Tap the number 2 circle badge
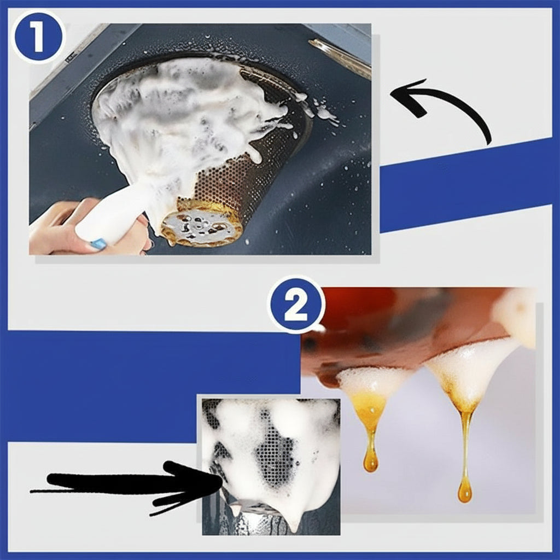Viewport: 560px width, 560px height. [x=296, y=305]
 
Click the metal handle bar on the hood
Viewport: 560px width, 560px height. [x=339, y=57]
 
